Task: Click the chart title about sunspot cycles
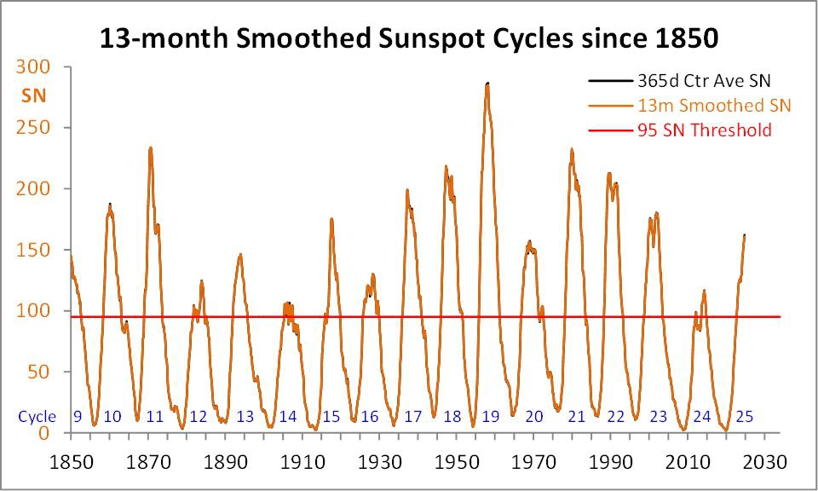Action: pos(409,38)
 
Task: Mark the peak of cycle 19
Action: pos(487,84)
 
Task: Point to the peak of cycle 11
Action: pos(151,148)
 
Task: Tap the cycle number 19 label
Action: pos(490,417)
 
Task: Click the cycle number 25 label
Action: pos(744,417)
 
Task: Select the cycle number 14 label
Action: pos(288,417)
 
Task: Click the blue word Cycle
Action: pos(37,417)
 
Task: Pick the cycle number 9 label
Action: pos(77,417)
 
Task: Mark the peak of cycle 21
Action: pos(572,150)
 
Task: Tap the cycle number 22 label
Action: pos(616,417)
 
